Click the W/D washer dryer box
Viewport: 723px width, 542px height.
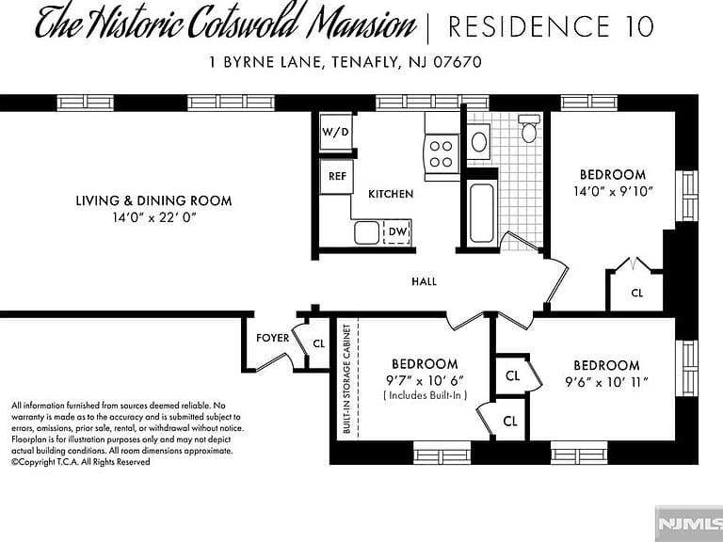336,132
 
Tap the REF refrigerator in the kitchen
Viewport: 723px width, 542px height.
337,177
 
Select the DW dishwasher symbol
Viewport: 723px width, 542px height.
397,231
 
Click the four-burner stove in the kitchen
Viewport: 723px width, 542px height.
442,154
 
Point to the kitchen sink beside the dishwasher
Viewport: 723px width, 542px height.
366,232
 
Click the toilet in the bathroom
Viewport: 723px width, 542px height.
529,128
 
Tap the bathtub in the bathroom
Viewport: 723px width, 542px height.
482,213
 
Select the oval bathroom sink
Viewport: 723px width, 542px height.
479,141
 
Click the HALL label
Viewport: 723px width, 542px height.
425,281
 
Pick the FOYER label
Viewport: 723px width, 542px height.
272,338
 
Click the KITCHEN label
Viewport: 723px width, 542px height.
391,194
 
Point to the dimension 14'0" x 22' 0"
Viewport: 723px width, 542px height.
154,217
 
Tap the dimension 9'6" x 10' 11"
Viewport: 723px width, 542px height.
607,383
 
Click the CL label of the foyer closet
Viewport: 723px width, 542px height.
319,343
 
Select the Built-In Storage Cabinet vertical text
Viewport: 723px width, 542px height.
347,379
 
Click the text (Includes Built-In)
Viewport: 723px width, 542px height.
426,395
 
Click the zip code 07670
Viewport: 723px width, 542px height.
458,62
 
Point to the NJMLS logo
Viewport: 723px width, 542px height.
690,524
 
